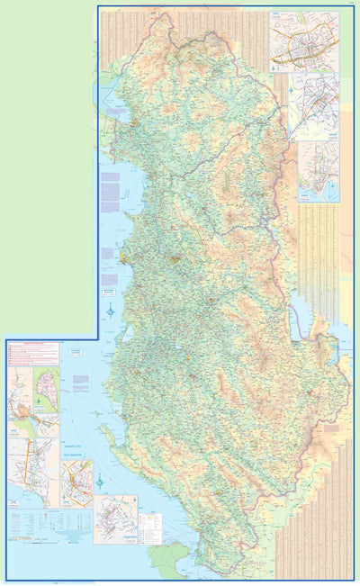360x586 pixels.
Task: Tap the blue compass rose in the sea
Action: pos(110,312)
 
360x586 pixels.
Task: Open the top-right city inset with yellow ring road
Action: pos(304,41)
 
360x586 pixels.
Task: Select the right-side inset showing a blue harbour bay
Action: pos(318,171)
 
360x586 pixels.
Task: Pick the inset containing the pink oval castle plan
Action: pos(45,387)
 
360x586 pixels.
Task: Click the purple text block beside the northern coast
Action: pos(110,191)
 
